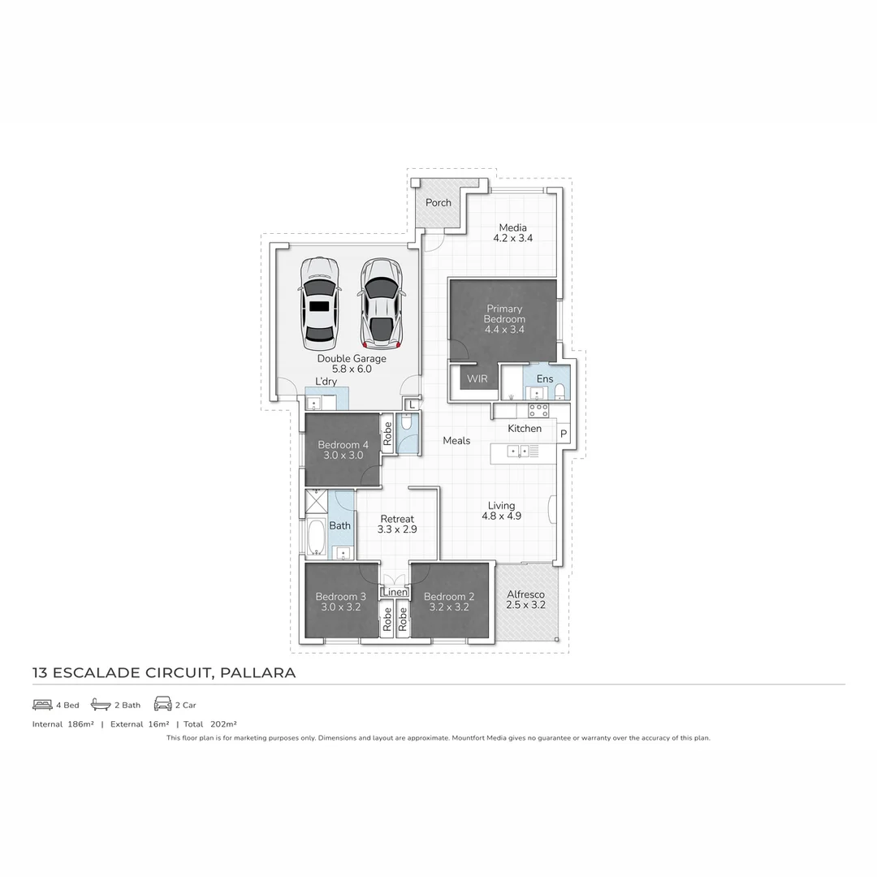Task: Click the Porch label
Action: tap(438, 202)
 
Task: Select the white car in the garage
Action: tap(318, 302)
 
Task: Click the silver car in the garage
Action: tap(380, 302)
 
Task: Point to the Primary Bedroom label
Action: tap(504, 314)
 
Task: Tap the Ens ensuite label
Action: tap(545, 378)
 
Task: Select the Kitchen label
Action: tap(525, 428)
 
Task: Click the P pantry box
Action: tap(563, 434)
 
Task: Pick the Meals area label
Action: tap(456, 440)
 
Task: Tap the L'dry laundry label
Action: tap(326, 382)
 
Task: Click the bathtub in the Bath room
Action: tap(316, 535)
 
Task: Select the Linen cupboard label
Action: tap(395, 592)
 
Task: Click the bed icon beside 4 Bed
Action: tap(42, 705)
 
